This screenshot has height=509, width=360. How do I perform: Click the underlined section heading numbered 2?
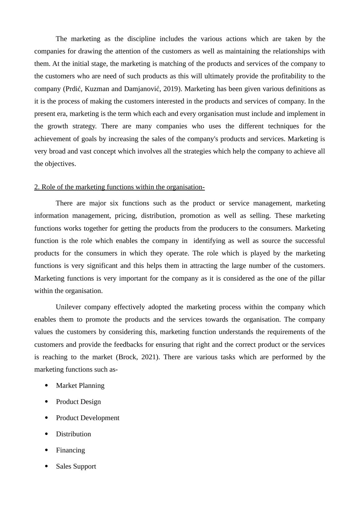(x=119, y=187)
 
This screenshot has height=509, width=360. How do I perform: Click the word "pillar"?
(x=317, y=278)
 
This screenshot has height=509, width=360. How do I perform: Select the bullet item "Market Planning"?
(x=80, y=386)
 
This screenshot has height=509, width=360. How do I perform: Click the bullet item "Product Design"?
(x=78, y=402)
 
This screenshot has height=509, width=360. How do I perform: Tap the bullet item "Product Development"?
(x=88, y=418)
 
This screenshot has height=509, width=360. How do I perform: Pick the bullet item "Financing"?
(x=70, y=450)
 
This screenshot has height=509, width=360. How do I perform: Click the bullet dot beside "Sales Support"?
(x=46, y=466)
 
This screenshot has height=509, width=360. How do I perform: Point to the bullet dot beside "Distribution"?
(x=46, y=434)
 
